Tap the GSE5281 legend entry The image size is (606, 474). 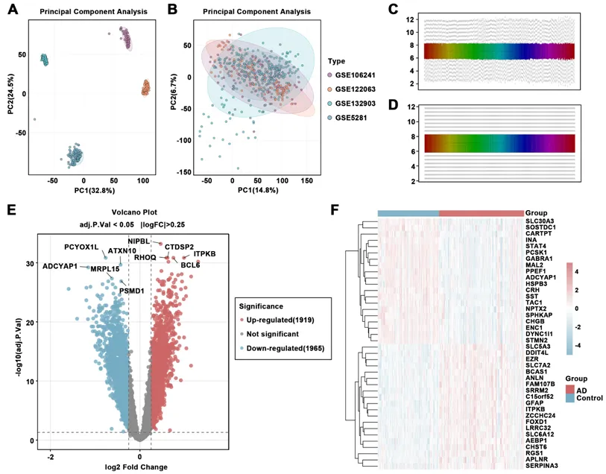point(350,116)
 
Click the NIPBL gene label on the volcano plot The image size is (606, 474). point(139,241)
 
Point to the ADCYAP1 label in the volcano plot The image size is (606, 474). point(60,266)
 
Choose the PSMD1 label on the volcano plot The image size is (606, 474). point(131,290)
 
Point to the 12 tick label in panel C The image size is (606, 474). point(409,21)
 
